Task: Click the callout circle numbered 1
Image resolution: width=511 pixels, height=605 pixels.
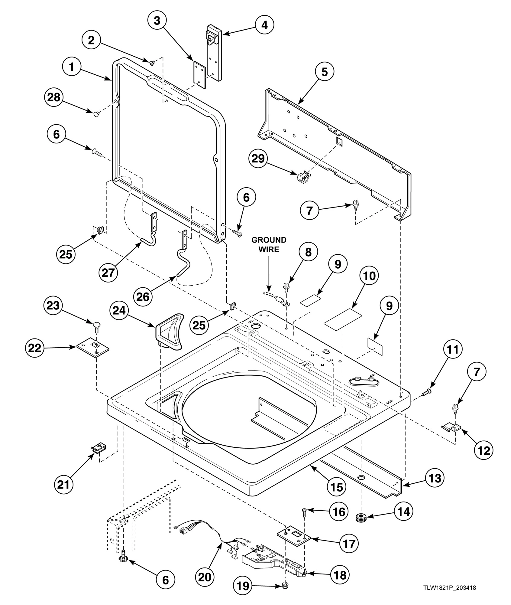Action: (72, 67)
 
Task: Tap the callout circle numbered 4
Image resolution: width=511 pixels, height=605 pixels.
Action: (264, 25)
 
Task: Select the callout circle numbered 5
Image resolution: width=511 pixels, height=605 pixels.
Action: (325, 72)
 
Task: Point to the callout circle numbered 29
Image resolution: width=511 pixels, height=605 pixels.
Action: (258, 159)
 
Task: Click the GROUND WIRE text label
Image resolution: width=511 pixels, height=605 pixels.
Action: (269, 244)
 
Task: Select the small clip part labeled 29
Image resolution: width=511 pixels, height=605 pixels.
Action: (302, 178)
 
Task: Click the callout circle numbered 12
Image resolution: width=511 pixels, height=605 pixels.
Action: (483, 450)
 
